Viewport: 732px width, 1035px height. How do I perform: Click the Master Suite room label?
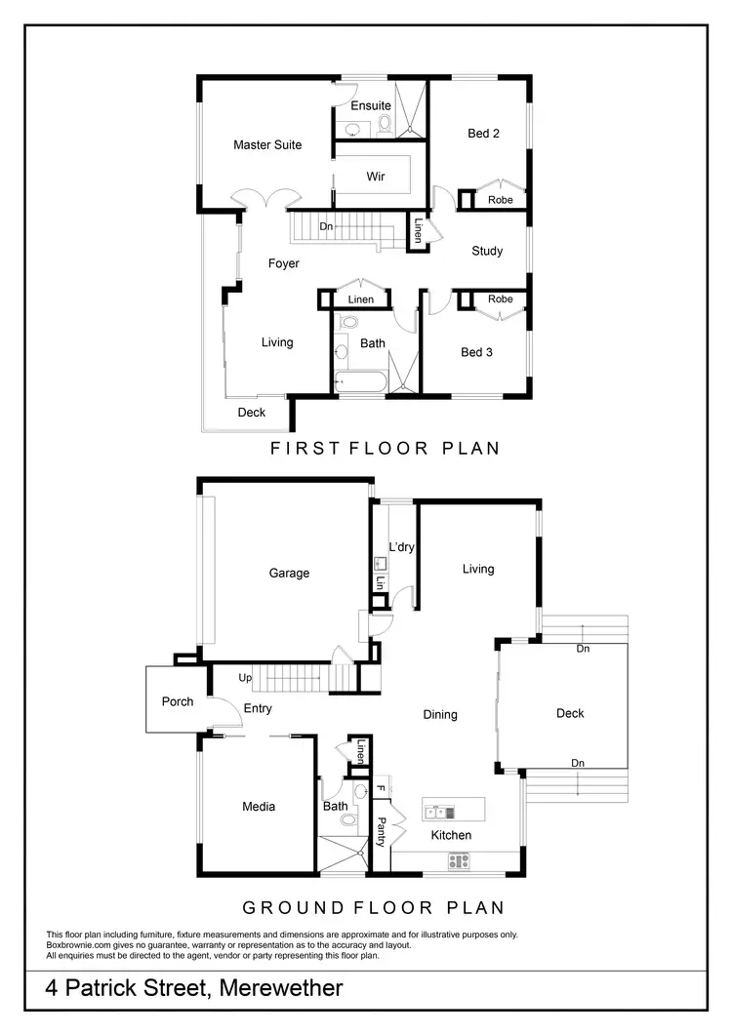pos(267,145)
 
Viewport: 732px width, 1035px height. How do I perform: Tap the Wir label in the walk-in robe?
pos(376,178)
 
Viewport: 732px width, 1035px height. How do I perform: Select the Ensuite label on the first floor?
pos(371,105)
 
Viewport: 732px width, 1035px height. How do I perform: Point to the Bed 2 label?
pos(484,134)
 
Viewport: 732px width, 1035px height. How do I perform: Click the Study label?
pos(487,252)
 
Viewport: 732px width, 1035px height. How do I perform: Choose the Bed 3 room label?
pos(477,352)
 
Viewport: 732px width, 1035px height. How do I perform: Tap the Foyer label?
pos(284,263)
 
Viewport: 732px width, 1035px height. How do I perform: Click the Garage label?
pos(289,574)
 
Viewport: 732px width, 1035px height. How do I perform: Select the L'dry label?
pos(402,547)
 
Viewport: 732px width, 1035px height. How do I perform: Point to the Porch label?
pos(178,701)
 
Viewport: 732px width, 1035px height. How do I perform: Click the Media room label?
pos(259,807)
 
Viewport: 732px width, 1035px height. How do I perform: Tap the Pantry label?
pos(382,832)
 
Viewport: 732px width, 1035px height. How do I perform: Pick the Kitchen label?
pos(451,835)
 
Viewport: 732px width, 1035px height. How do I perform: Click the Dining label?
pos(440,715)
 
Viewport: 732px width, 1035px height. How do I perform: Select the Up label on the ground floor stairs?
pos(245,677)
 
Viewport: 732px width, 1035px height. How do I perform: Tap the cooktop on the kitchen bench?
pos(458,860)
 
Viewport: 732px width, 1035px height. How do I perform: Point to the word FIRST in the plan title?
pos(305,449)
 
